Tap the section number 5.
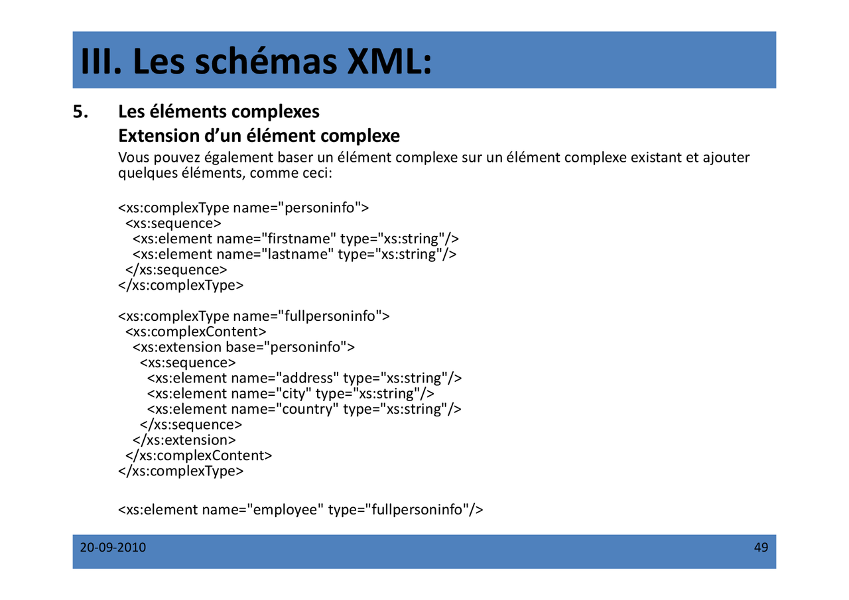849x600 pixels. [x=80, y=111]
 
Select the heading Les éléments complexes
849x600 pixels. [x=219, y=111]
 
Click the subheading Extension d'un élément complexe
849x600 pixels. [x=259, y=136]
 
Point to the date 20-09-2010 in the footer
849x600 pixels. [x=113, y=548]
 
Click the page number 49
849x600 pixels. [x=761, y=548]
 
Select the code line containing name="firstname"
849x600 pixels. [x=295, y=239]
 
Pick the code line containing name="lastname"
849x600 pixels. [x=294, y=254]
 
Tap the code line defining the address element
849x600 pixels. [x=304, y=378]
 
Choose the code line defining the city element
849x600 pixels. [x=291, y=393]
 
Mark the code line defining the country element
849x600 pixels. [x=304, y=408]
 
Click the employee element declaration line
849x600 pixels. [x=300, y=509]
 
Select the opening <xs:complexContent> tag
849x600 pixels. [x=196, y=331]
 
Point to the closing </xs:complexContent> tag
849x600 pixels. [x=198, y=455]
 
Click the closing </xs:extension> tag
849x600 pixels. [x=184, y=440]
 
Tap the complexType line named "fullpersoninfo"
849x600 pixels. [x=254, y=316]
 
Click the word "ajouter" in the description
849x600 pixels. [x=726, y=158]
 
